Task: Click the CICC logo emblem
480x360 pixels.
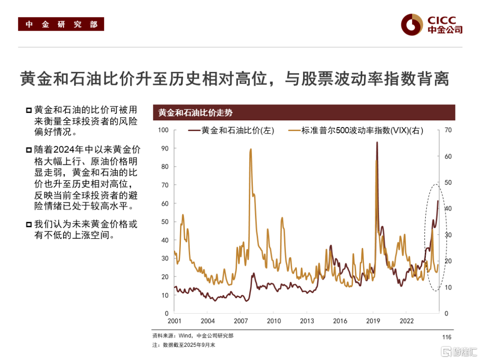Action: pos(411,24)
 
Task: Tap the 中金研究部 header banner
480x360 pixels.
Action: pos(61,24)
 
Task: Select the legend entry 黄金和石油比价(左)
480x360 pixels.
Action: pos(231,131)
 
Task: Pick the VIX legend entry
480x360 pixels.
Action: pos(356,131)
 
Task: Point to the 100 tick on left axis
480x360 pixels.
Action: pos(164,130)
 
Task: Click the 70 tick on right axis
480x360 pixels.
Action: pos(448,130)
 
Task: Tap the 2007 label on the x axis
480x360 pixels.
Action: pos(240,321)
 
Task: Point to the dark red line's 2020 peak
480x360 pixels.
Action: pos(377,143)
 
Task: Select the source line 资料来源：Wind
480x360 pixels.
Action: pos(192,336)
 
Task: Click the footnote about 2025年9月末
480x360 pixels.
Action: pos(184,345)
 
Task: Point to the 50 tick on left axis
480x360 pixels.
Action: pos(166,222)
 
